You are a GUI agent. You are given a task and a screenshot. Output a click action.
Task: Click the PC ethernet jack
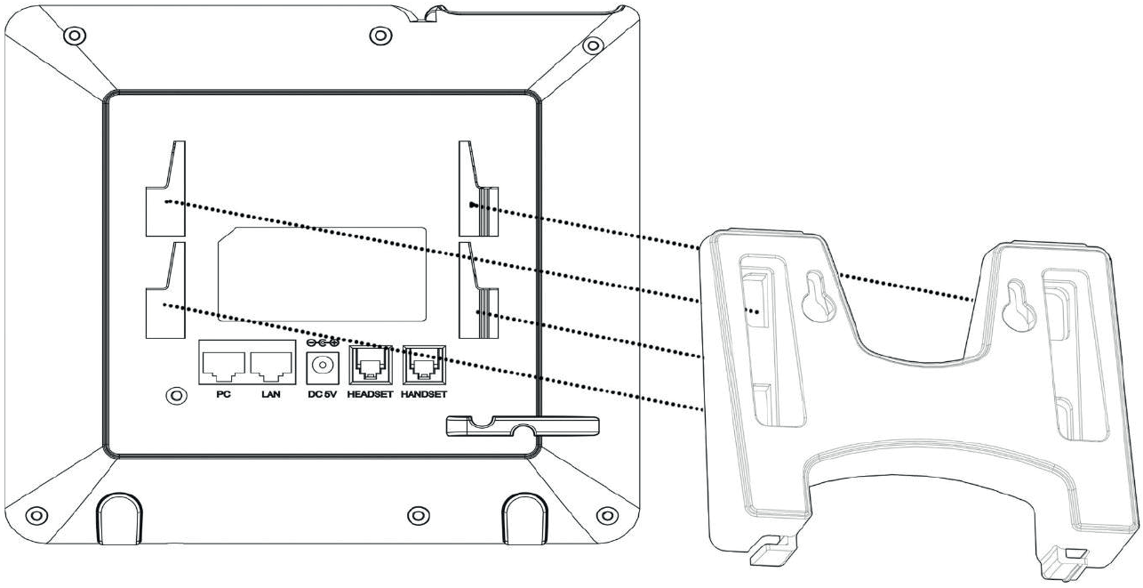(223, 364)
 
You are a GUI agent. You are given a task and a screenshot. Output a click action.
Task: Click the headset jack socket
(369, 365)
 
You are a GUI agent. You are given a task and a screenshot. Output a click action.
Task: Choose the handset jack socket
(422, 365)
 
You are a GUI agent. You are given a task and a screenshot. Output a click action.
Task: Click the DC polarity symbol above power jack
(321, 342)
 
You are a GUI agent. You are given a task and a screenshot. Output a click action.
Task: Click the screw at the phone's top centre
(380, 36)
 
